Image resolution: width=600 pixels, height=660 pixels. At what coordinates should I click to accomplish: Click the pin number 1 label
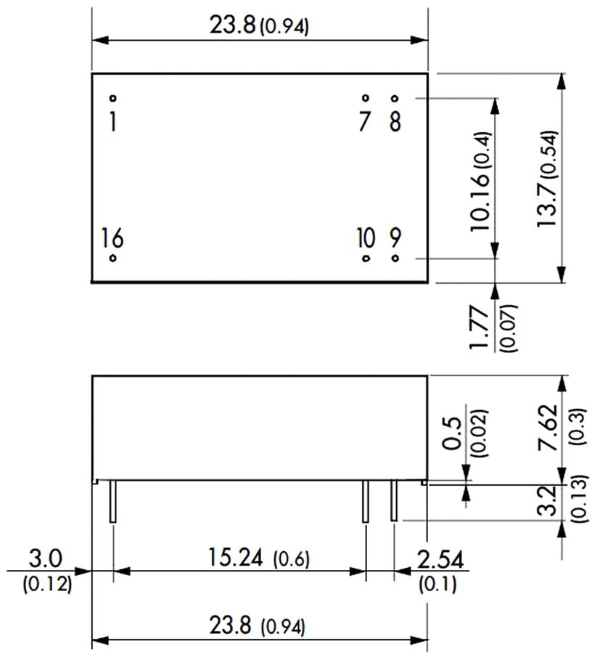pos(112,121)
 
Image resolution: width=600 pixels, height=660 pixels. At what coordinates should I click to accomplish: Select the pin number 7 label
pos(364,122)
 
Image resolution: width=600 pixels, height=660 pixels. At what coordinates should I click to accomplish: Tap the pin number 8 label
pos(395,122)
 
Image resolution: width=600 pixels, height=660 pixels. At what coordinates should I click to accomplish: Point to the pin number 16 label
pos(112,238)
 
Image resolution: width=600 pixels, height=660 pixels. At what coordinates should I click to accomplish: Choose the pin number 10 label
pos(366,238)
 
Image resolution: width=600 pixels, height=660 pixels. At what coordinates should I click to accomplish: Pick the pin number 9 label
pos(395,238)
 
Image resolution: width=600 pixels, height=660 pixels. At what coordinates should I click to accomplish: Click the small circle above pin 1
pos(112,99)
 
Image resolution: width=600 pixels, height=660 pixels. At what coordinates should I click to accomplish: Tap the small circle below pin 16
pos(112,258)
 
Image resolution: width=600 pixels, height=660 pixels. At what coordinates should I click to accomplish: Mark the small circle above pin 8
pos(395,99)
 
